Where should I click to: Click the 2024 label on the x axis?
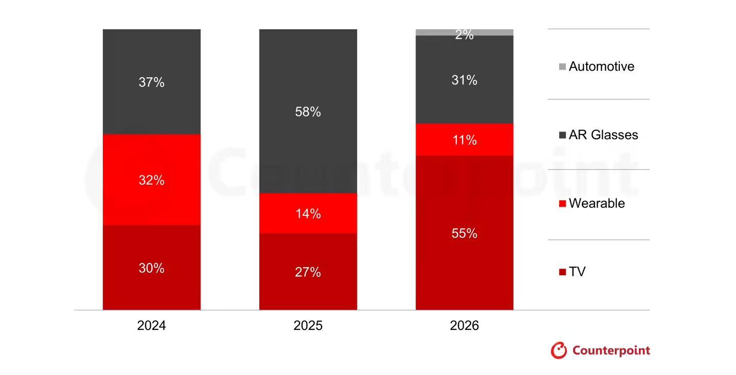click(151, 326)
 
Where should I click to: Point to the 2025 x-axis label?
click(308, 326)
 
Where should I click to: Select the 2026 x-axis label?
click(464, 326)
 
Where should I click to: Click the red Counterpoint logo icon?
click(559, 350)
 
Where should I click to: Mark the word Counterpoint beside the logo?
click(611, 350)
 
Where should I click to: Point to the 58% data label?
click(308, 112)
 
